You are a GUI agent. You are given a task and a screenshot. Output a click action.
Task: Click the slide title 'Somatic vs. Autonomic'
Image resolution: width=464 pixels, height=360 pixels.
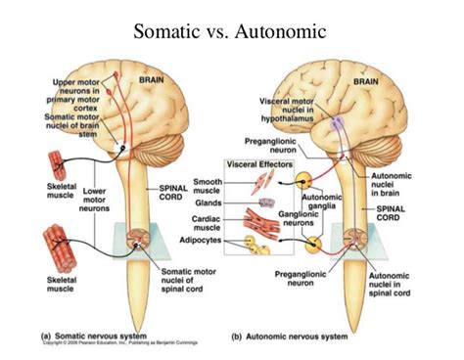click(x=232, y=32)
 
